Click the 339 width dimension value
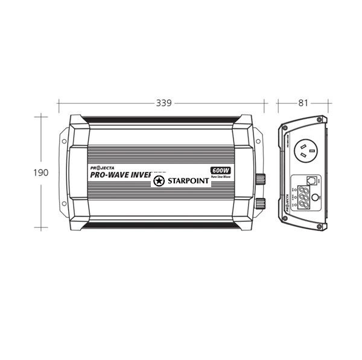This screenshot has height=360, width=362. (164, 103)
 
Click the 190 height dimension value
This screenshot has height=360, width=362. (40, 172)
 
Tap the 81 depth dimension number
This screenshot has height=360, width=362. (303, 103)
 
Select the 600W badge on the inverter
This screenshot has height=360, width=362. (220, 170)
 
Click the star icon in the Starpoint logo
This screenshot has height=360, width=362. (159, 181)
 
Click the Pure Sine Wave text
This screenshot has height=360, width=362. (221, 177)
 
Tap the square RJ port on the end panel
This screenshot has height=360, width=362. (311, 180)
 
